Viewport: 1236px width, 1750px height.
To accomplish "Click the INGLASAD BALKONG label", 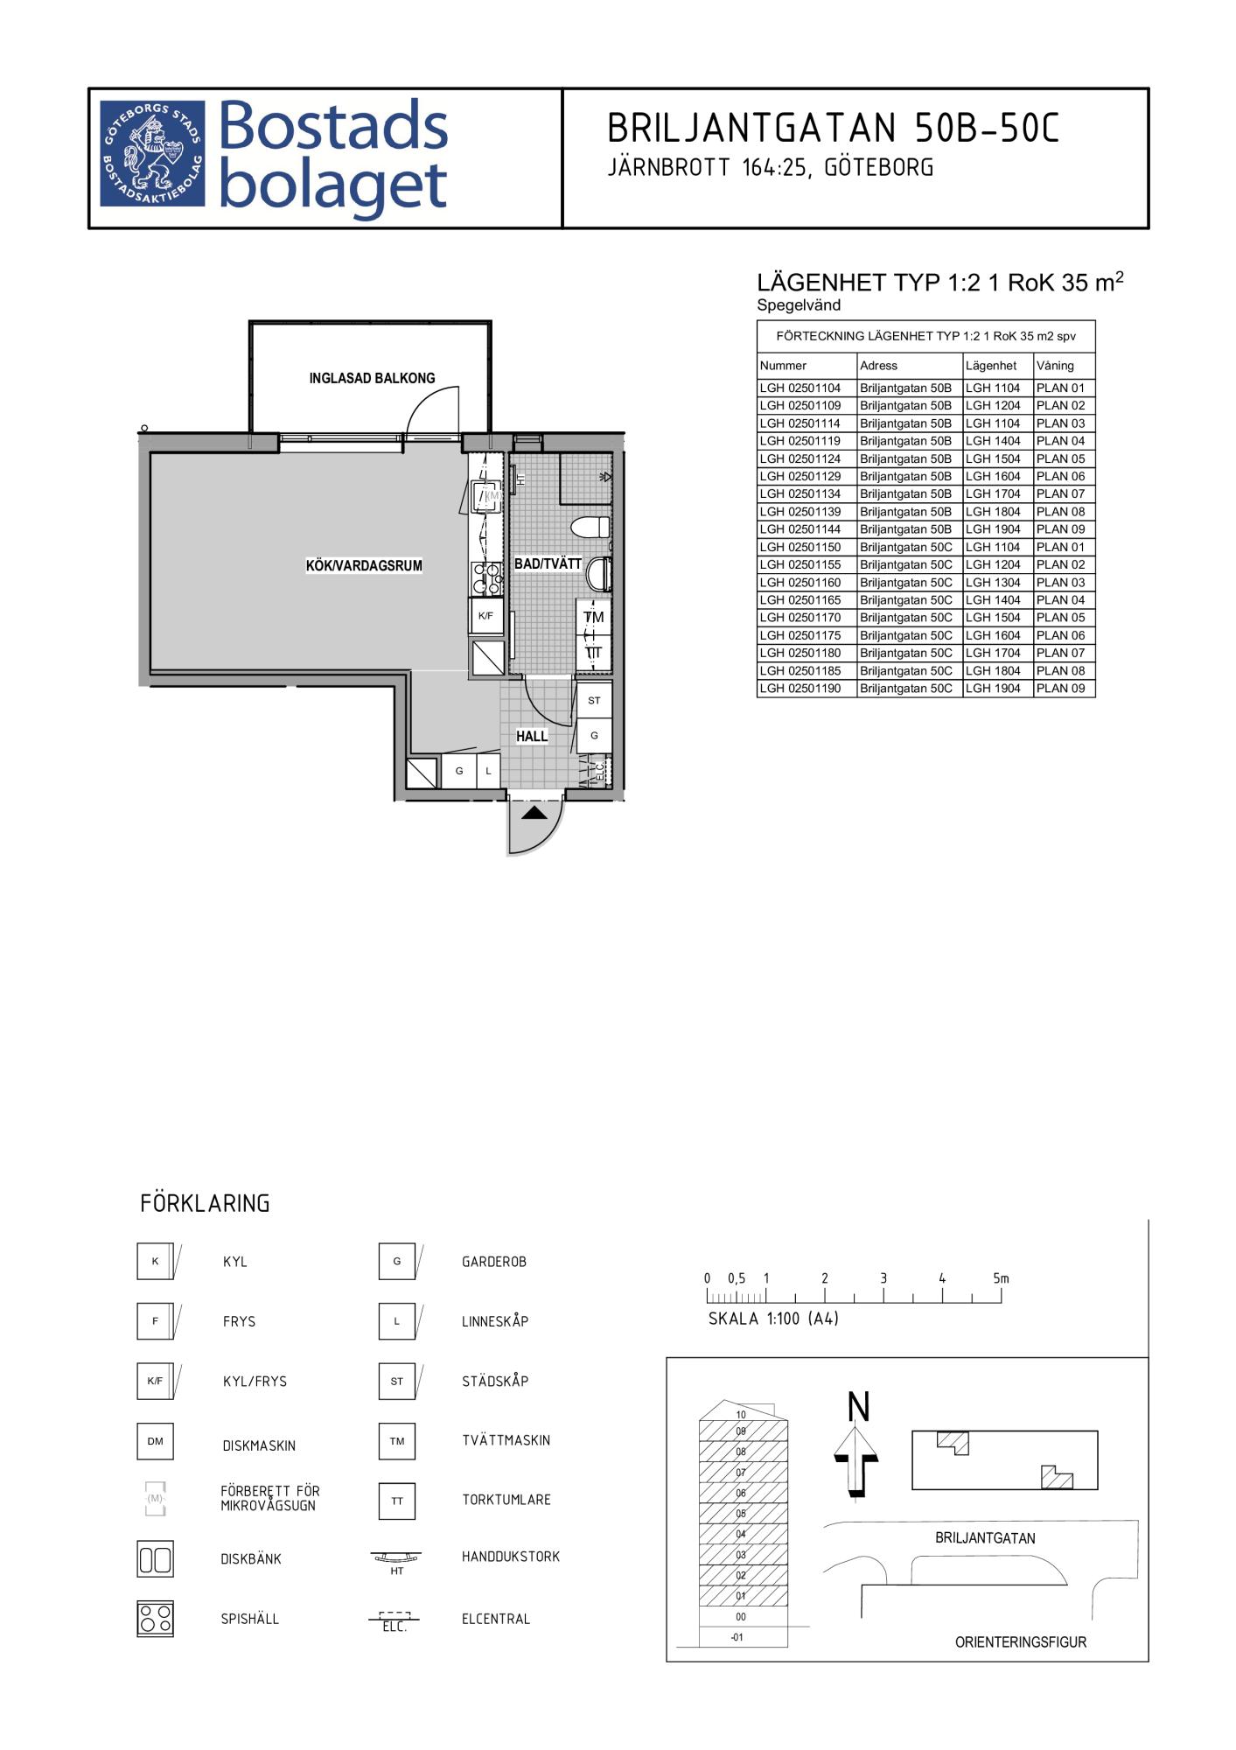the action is click(372, 378).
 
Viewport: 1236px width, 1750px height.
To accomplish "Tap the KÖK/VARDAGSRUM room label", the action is click(364, 565).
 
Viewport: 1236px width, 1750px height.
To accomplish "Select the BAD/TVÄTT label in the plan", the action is click(548, 563).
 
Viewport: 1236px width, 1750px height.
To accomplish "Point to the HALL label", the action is click(532, 737).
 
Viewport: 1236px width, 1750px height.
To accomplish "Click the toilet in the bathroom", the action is click(590, 527).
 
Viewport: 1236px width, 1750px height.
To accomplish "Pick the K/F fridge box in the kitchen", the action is click(486, 616).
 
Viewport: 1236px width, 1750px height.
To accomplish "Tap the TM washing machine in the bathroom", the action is click(594, 617).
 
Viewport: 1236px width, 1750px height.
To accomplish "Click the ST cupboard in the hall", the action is click(594, 700).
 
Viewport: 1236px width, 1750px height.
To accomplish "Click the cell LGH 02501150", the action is click(800, 547).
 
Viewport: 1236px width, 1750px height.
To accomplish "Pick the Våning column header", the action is click(1055, 366).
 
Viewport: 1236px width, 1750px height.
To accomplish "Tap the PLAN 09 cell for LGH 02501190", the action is click(1061, 688).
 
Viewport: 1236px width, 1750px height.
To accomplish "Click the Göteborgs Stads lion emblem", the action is click(152, 154).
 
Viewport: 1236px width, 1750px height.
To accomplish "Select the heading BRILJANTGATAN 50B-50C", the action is click(833, 129).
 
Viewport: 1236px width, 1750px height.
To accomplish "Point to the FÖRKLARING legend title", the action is click(205, 1203).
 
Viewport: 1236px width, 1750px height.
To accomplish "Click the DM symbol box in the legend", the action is click(155, 1441).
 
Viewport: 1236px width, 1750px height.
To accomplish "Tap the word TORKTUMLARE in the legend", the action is click(506, 1500).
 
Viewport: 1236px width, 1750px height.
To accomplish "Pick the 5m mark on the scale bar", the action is click(1001, 1278).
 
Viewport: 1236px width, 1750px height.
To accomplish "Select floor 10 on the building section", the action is click(741, 1414).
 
